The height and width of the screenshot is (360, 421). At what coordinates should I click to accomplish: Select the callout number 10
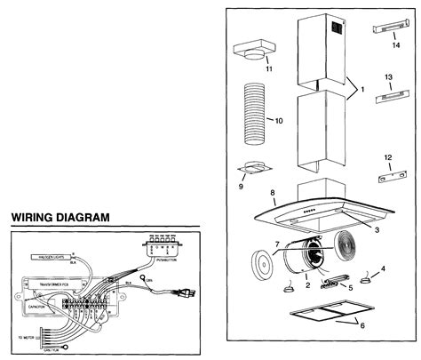click(279, 120)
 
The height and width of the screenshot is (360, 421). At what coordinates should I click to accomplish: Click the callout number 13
click(387, 77)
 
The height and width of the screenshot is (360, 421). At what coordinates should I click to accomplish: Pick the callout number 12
click(387, 157)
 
